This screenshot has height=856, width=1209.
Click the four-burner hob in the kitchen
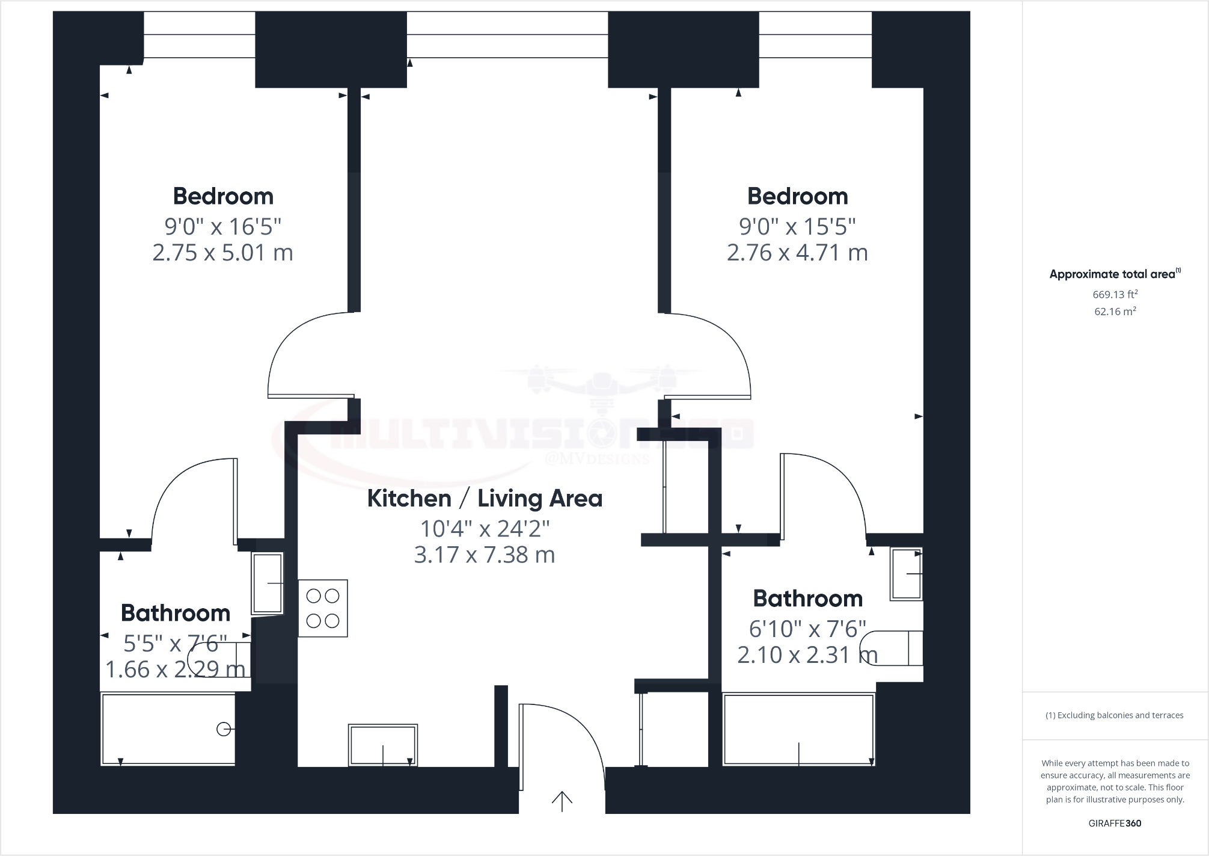[323, 608]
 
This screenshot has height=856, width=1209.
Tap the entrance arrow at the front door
[562, 801]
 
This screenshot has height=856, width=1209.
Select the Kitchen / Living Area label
[485, 499]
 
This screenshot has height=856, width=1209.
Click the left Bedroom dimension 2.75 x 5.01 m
[222, 253]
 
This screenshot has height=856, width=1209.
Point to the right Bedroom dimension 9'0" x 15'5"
[797, 227]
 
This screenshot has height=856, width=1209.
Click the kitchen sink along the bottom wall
[383, 745]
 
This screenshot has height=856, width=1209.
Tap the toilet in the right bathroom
[892, 648]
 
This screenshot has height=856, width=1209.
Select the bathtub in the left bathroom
[168, 728]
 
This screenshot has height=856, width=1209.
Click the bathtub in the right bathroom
[798, 729]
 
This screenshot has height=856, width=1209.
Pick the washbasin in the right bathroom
[906, 574]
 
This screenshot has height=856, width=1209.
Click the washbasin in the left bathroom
[268, 583]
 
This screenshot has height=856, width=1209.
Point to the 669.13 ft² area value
[1115, 294]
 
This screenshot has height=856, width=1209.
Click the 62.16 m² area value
[1115, 312]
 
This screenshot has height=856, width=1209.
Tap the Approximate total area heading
[1113, 274]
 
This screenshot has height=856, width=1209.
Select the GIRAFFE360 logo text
[1115, 823]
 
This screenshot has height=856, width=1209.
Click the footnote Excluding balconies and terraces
[1115, 715]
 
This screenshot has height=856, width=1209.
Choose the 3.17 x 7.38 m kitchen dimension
[485, 555]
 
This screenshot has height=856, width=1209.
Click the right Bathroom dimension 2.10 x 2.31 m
[807, 654]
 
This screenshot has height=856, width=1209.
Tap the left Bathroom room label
[176, 613]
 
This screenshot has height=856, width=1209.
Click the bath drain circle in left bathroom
[223, 729]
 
